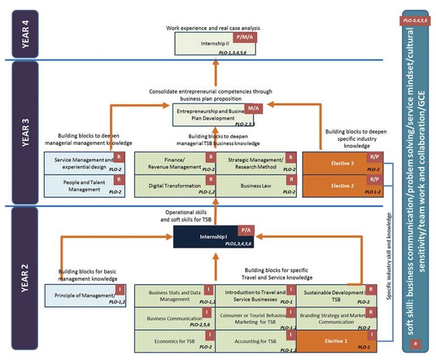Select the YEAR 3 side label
tap(22, 132)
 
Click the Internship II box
tap(215, 43)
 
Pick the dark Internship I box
tap(214, 237)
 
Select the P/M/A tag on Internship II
tap(244, 37)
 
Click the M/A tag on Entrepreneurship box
tap(252, 108)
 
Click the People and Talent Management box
tap(84, 186)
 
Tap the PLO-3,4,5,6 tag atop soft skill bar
tap(416, 20)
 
